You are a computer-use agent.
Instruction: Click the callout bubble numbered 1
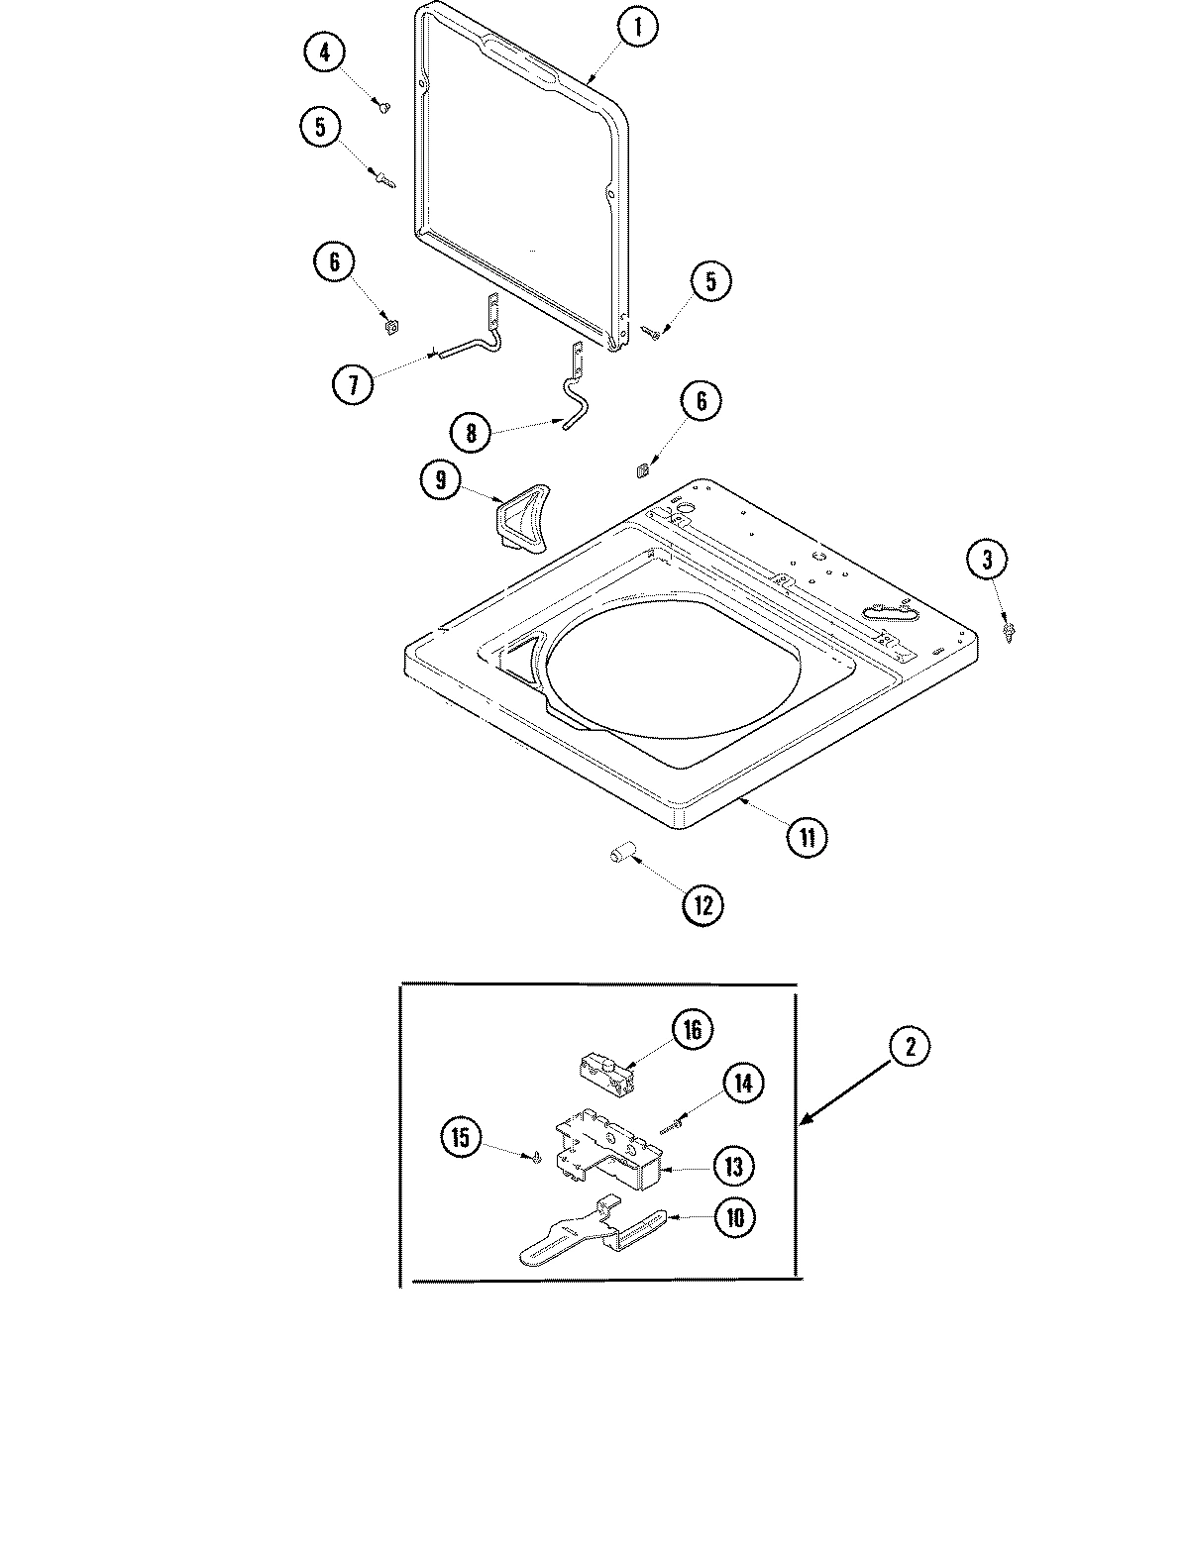click(x=638, y=29)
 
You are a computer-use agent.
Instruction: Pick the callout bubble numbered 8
click(x=471, y=432)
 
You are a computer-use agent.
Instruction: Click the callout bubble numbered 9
click(x=441, y=481)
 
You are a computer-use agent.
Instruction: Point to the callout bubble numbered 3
click(x=987, y=561)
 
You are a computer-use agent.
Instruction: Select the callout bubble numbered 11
click(x=807, y=837)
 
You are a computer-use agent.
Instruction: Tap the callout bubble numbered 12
click(x=703, y=903)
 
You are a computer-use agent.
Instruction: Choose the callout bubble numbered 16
click(x=692, y=1030)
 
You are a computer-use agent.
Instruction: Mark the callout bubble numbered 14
click(x=743, y=1083)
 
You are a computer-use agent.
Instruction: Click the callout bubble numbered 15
click(x=461, y=1137)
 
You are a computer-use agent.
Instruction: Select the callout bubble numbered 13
click(x=733, y=1166)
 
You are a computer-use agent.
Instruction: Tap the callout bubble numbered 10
click(x=735, y=1217)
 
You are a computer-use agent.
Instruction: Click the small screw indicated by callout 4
click(x=382, y=105)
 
